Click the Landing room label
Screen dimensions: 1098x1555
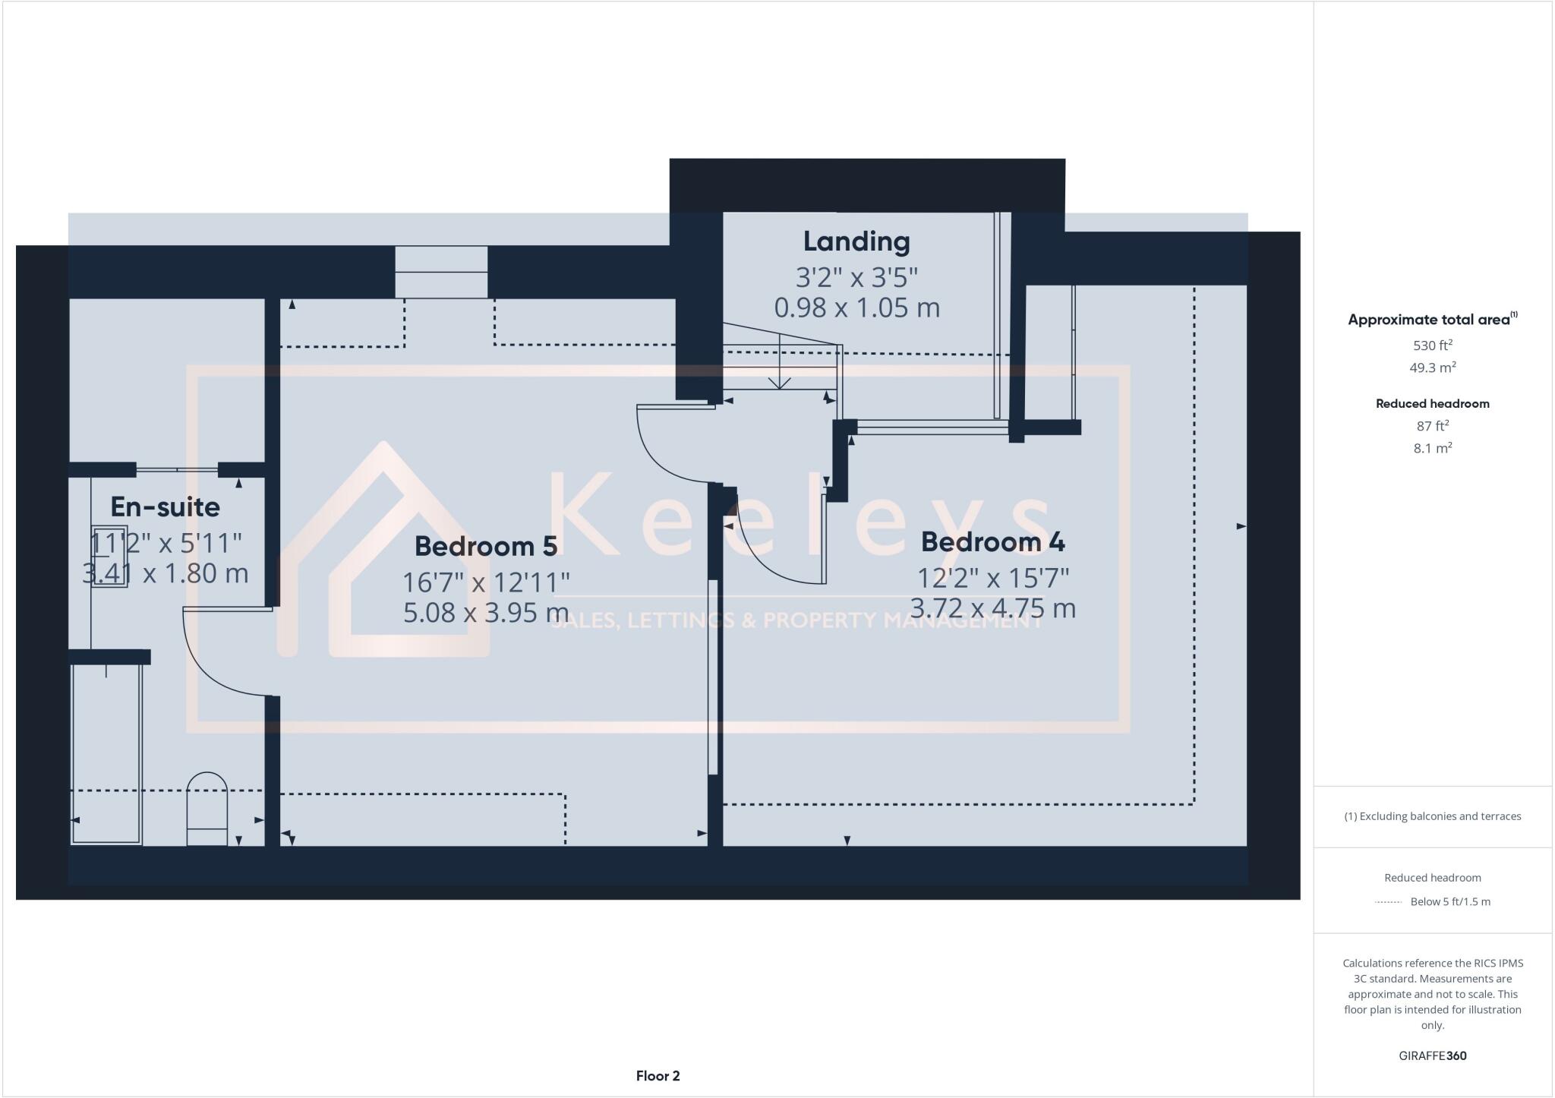tap(856, 241)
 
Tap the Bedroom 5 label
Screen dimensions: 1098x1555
tap(486, 546)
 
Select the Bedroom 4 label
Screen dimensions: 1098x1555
tap(992, 541)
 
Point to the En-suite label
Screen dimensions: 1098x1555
tap(166, 506)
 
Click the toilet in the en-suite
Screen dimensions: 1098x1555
tap(207, 809)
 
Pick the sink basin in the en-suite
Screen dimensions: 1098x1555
tap(109, 554)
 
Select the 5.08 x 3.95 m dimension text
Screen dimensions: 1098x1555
tap(486, 613)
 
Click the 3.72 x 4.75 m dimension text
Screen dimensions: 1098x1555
tap(992, 608)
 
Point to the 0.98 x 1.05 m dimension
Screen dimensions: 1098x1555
tap(856, 308)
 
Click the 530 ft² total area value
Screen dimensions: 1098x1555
tap(1432, 345)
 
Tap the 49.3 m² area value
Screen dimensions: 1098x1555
tap(1432, 368)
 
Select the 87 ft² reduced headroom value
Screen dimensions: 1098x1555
tap(1432, 426)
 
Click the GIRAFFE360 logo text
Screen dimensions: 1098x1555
tap(1432, 1055)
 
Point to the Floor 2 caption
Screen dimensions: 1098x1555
tap(658, 1076)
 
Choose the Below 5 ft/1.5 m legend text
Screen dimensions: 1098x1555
tap(1449, 902)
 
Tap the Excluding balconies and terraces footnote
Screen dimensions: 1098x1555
tap(1432, 816)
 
